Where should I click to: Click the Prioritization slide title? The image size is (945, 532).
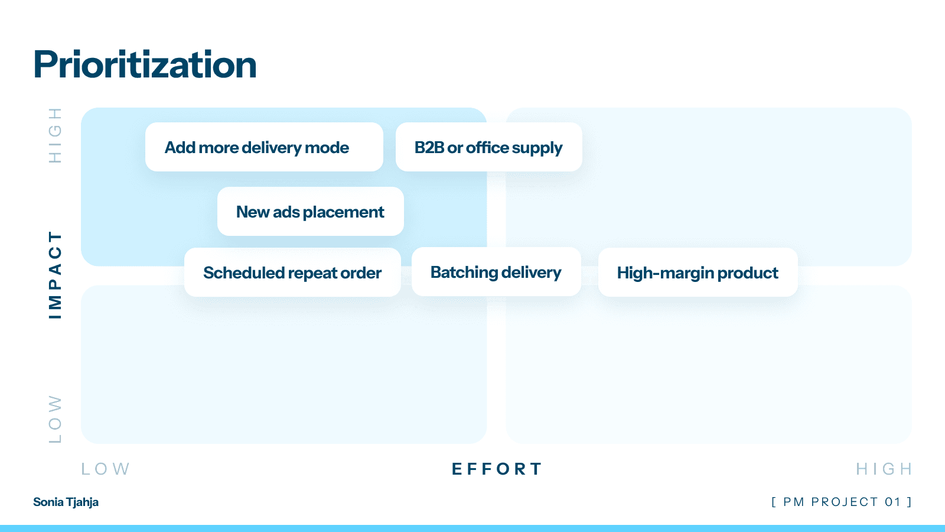(x=145, y=64)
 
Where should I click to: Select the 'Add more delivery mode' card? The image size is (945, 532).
(x=264, y=147)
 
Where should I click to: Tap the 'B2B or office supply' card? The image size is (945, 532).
(x=488, y=147)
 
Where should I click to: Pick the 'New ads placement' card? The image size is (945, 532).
(x=310, y=212)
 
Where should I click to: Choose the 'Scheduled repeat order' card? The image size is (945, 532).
(x=292, y=273)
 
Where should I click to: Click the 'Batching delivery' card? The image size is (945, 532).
(x=496, y=272)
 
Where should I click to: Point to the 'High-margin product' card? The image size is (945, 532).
(x=698, y=273)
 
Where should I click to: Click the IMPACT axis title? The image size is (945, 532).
(x=55, y=275)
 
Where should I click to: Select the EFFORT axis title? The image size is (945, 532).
(x=497, y=469)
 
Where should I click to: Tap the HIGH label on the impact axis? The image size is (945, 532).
(x=55, y=135)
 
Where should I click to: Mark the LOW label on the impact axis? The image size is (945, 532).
(x=55, y=419)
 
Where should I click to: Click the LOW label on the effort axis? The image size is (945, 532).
(x=105, y=469)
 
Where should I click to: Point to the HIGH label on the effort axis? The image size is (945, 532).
(x=884, y=469)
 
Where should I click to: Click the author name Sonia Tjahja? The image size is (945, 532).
(x=66, y=502)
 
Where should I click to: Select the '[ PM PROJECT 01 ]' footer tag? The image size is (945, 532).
(x=842, y=502)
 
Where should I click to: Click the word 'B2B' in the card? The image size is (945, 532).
(x=429, y=147)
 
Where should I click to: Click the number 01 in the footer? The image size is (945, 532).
(x=892, y=502)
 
